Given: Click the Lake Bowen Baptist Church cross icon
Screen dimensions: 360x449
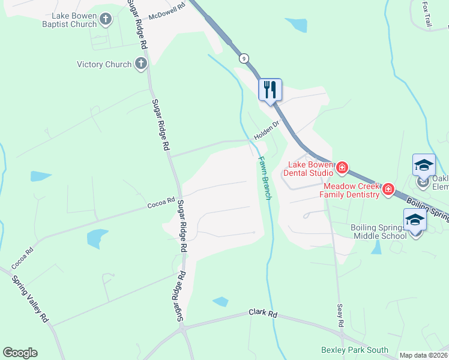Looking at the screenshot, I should coord(106,20).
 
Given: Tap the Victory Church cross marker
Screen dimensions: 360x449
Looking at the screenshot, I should coord(141,64).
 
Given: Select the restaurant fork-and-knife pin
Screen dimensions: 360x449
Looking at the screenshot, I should coord(270,90).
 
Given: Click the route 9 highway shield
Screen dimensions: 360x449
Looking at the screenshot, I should coord(244,58).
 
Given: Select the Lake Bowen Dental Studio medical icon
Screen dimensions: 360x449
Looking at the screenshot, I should coord(342,167).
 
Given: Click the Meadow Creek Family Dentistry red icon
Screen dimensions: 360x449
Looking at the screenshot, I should coord(388,190).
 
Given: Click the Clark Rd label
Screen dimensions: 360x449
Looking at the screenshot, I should coord(264,314).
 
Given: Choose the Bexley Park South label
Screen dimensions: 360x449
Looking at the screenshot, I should coord(355,350).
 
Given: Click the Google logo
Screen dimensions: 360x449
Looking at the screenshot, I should coord(20,353).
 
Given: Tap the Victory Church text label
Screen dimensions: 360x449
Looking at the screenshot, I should coord(104,64).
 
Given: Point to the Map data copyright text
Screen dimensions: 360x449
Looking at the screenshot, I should coord(423,355).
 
